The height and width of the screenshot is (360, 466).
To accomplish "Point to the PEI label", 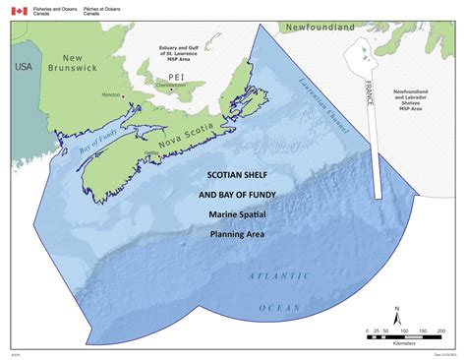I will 150,76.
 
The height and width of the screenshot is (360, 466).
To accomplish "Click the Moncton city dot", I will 124,95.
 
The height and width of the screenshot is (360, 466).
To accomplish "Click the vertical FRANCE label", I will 372,92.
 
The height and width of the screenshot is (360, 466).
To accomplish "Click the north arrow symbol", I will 395,317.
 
